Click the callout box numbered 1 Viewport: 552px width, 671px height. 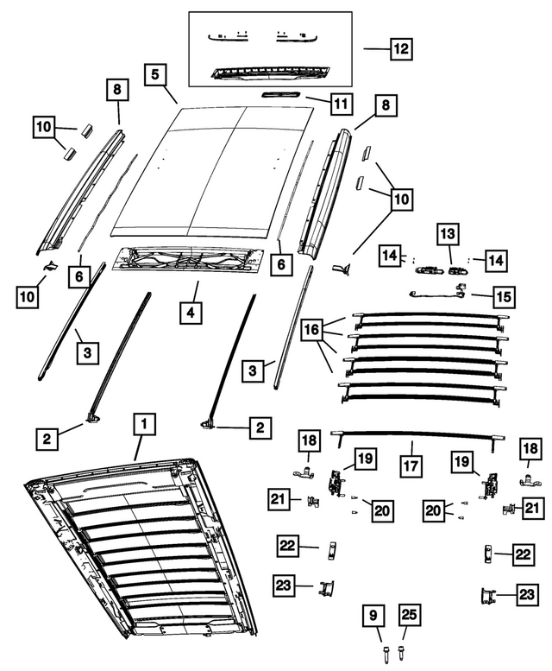coord(145,424)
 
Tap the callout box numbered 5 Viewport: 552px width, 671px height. coord(156,75)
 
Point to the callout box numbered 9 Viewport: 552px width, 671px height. coord(373,617)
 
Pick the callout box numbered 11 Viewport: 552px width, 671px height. coord(340,104)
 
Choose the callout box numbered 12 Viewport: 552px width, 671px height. coord(400,49)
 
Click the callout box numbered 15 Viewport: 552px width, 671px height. coord(502,296)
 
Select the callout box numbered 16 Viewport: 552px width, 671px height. coord(313,330)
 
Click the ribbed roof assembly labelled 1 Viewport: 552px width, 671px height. coord(138,553)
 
